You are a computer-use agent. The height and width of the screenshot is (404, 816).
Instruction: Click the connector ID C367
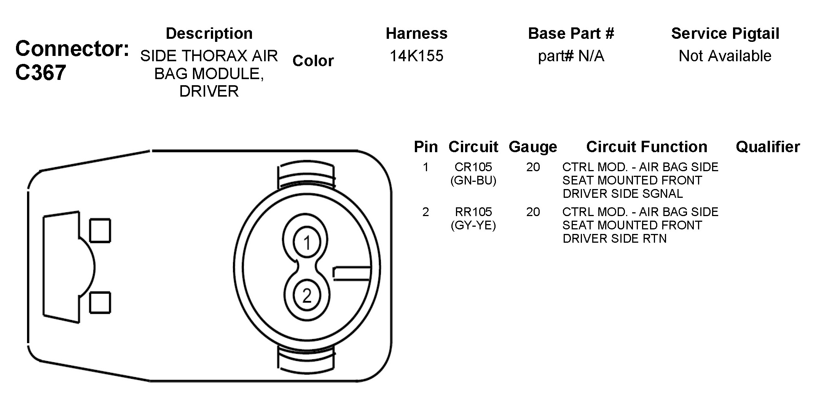(41, 72)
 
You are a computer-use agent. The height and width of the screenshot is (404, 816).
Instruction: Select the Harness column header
(417, 33)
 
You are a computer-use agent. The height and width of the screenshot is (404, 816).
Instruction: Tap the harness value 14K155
(417, 56)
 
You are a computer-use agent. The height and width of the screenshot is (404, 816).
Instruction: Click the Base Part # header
(571, 33)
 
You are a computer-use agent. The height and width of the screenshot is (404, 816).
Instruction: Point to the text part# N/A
(571, 56)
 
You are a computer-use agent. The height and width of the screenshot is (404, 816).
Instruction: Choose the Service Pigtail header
(725, 34)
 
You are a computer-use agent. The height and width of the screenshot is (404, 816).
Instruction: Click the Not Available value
(725, 56)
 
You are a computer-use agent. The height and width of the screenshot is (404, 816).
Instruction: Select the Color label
(313, 61)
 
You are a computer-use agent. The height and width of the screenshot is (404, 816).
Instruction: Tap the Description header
(209, 34)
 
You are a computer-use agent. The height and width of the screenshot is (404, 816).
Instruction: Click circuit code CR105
(473, 167)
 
